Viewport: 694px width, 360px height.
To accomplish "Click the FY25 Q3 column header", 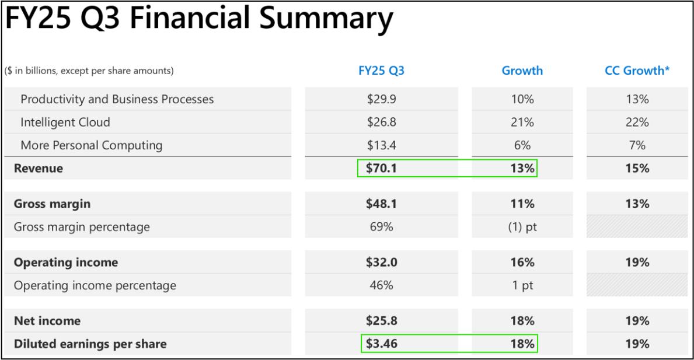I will click(381, 71).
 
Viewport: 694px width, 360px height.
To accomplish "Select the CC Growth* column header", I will click(637, 71).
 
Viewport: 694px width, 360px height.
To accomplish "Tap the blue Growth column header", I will click(522, 71).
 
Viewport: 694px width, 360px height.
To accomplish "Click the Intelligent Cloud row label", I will click(65, 123).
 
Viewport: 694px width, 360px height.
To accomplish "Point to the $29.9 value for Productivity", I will click(381, 99).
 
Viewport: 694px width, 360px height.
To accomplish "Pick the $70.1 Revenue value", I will click(381, 169).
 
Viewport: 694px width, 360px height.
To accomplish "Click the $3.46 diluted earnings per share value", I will click(381, 344).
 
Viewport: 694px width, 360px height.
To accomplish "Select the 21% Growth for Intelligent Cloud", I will click(522, 123).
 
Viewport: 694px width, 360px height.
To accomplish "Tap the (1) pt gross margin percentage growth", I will click(522, 227).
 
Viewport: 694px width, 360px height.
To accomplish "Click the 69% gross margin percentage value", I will click(381, 227).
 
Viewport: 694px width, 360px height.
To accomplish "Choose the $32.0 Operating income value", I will click(381, 263).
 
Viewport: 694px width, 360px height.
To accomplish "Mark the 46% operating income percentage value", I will click(381, 285).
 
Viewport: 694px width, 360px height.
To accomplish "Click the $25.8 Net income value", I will click(381, 321).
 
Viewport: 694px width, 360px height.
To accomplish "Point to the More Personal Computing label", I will click(91, 145).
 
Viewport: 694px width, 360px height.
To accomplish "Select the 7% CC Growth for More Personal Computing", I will click(637, 145).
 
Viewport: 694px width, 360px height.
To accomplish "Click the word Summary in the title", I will click(326, 19).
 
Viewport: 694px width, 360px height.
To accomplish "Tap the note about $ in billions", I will click(89, 71).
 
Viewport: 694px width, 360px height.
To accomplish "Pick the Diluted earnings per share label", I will click(90, 344).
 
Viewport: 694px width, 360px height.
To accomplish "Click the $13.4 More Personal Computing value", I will click(381, 145).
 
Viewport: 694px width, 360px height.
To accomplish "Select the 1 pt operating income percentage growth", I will click(522, 285).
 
